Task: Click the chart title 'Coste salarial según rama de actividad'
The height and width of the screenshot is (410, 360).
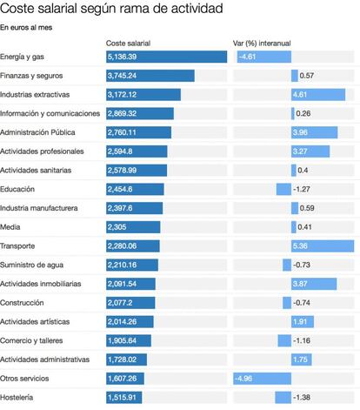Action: [111, 9]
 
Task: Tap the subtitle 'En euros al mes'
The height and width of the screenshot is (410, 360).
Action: [26, 28]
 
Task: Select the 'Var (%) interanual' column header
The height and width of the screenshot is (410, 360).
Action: [262, 44]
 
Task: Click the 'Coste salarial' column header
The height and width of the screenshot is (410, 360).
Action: [128, 44]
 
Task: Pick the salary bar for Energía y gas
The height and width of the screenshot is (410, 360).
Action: [166, 57]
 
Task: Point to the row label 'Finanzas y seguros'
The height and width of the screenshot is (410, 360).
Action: [31, 76]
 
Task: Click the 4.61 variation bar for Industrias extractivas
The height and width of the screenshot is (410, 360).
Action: [318, 95]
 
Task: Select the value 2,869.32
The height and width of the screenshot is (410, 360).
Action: [122, 113]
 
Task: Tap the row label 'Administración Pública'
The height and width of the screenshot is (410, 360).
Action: [37, 132]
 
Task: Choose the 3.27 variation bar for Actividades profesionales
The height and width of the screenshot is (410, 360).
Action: [310, 151]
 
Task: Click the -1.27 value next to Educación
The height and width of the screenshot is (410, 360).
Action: [302, 189]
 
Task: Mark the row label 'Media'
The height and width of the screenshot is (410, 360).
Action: [10, 227]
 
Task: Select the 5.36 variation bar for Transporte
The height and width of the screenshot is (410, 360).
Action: [323, 246]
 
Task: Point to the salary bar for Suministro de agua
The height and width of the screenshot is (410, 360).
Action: [132, 265]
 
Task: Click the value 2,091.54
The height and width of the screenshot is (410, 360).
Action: [122, 284]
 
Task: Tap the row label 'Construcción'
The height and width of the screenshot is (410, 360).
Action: [22, 303]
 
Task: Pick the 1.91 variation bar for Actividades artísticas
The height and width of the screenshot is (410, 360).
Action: [303, 322]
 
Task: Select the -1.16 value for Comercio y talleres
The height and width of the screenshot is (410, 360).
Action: [302, 340]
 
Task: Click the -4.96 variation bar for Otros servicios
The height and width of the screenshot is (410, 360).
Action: [263, 379]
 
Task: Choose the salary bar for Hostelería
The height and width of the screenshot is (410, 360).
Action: [124, 398]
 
